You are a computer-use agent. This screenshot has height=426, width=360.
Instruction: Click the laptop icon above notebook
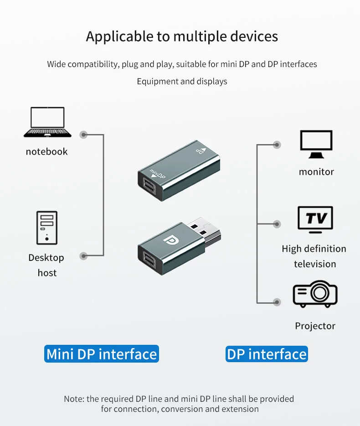(x=47, y=122)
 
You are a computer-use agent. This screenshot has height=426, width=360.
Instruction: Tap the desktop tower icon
(x=47, y=228)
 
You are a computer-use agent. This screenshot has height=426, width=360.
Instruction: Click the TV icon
(x=315, y=220)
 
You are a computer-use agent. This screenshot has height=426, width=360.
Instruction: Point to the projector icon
(x=315, y=295)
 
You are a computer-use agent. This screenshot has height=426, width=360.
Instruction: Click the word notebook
(x=46, y=151)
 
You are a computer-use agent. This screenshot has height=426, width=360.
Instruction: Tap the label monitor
(x=316, y=172)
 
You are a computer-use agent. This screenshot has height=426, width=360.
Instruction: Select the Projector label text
(x=315, y=326)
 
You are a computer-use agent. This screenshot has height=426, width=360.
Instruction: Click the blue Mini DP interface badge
(x=102, y=354)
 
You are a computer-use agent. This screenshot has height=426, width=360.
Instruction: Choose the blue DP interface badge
(x=267, y=354)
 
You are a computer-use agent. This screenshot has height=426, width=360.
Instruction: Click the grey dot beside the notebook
(x=83, y=135)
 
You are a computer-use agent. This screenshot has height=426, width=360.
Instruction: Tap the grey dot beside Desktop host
(x=83, y=256)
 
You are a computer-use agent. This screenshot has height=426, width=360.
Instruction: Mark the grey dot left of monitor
(x=277, y=145)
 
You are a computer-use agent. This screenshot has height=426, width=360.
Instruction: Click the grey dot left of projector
(x=277, y=301)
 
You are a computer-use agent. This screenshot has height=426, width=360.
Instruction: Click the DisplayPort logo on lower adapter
(x=173, y=242)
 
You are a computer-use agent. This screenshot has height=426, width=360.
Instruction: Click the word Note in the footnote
(x=73, y=399)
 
